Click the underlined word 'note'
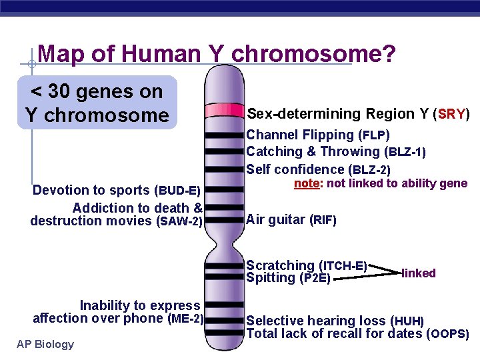(x=307, y=183)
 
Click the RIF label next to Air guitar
(x=323, y=220)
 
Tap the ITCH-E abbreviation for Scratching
(x=345, y=266)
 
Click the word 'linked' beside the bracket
(x=419, y=273)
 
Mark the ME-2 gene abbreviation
(x=186, y=319)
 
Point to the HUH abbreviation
(x=408, y=322)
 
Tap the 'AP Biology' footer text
(x=45, y=344)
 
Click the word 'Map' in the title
(x=62, y=54)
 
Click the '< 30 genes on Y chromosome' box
(x=97, y=103)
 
